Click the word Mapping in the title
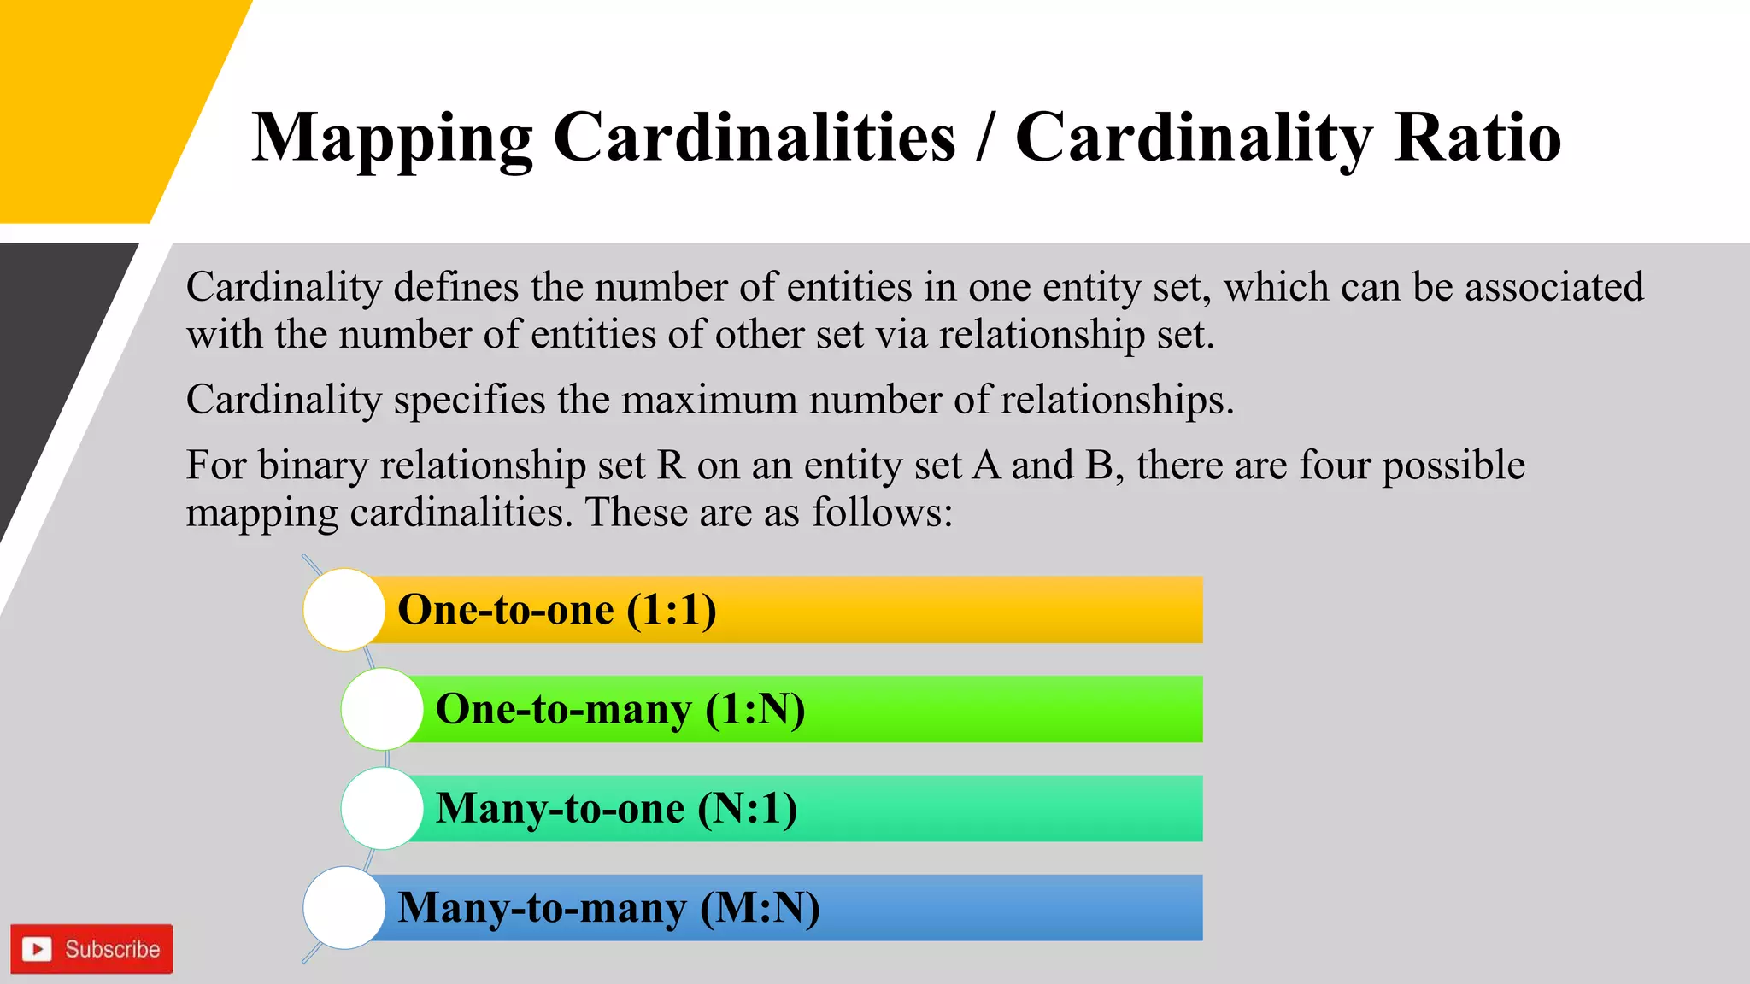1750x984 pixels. pyautogui.click(x=392, y=138)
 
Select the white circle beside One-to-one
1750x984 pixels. pyautogui.click(x=344, y=610)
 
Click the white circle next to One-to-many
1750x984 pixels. pyautogui.click(x=382, y=709)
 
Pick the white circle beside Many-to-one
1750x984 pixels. pyautogui.click(x=382, y=808)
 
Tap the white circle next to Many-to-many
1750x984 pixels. pyautogui.click(x=344, y=907)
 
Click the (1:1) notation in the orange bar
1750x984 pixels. pyautogui.click(x=672, y=610)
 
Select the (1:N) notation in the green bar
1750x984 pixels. pyautogui.click(x=755, y=709)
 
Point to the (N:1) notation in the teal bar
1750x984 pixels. pyautogui.click(x=748, y=808)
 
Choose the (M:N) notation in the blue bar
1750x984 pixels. pyautogui.click(x=760, y=907)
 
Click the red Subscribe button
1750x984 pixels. pyautogui.click(x=91, y=949)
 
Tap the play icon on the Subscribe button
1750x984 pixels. pyautogui.click(x=37, y=949)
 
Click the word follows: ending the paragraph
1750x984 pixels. pyautogui.click(x=881, y=513)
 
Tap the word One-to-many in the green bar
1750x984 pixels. pyautogui.click(x=563, y=709)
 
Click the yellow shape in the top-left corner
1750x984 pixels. pyautogui.click(x=94, y=102)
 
